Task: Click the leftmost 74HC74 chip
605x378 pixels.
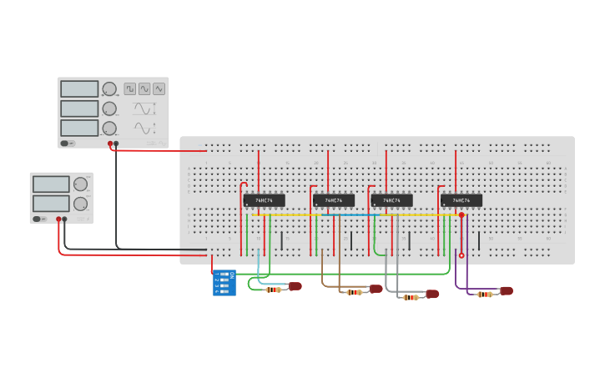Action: point(264,200)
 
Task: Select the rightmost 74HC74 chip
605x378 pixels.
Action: point(461,200)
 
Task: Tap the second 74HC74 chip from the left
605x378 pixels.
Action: point(333,200)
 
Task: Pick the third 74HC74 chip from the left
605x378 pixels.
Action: point(391,200)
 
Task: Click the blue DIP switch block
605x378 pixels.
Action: point(224,282)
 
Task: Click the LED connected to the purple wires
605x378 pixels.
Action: point(506,291)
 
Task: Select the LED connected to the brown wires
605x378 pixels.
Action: point(376,289)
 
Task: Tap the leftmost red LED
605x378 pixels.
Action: point(295,286)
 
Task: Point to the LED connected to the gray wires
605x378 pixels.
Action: point(432,294)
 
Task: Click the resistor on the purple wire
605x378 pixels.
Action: point(484,294)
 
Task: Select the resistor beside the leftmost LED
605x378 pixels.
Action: point(273,290)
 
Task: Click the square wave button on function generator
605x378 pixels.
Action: point(130,88)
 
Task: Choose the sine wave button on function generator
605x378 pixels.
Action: point(144,88)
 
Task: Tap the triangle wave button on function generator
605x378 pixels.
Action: point(159,88)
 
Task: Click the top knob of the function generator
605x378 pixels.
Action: point(109,88)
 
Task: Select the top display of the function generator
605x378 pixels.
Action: point(79,88)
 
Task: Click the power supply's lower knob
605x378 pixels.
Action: point(80,204)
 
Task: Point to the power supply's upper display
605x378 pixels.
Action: point(51,184)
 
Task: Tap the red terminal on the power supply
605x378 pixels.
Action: point(59,219)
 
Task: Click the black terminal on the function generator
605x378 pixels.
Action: point(116,144)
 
